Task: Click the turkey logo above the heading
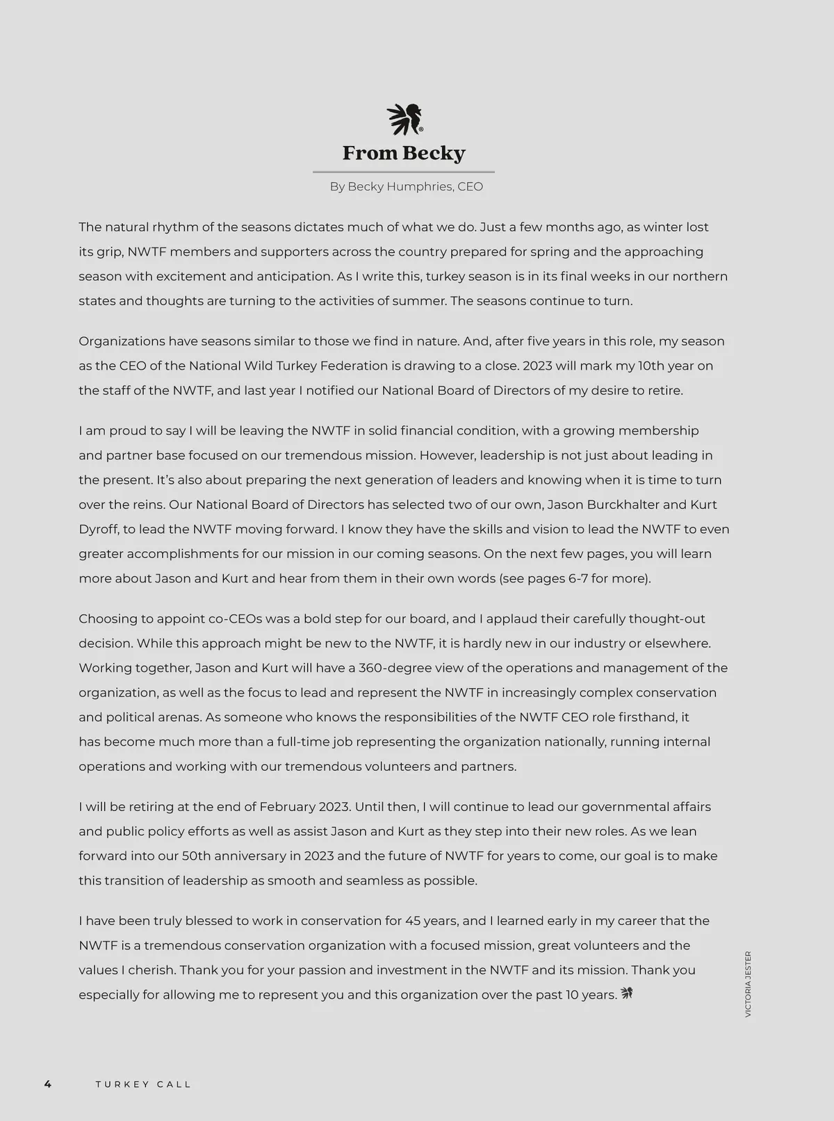(x=404, y=120)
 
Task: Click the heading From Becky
(x=404, y=153)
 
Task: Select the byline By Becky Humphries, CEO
(x=406, y=187)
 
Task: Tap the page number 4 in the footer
(x=48, y=1084)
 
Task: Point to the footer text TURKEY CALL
(x=143, y=1084)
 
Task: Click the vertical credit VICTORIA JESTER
(x=748, y=984)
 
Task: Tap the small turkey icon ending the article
(x=626, y=994)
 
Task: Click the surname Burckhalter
(x=620, y=505)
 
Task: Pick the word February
(x=287, y=807)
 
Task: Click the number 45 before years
(x=413, y=921)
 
